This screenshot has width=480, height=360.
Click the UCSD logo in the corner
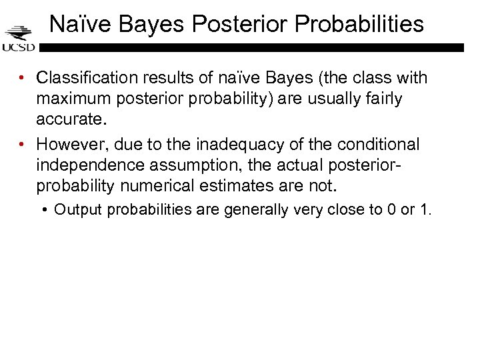pyautogui.click(x=19, y=39)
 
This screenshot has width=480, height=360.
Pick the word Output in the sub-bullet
pyautogui.click(x=77, y=210)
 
